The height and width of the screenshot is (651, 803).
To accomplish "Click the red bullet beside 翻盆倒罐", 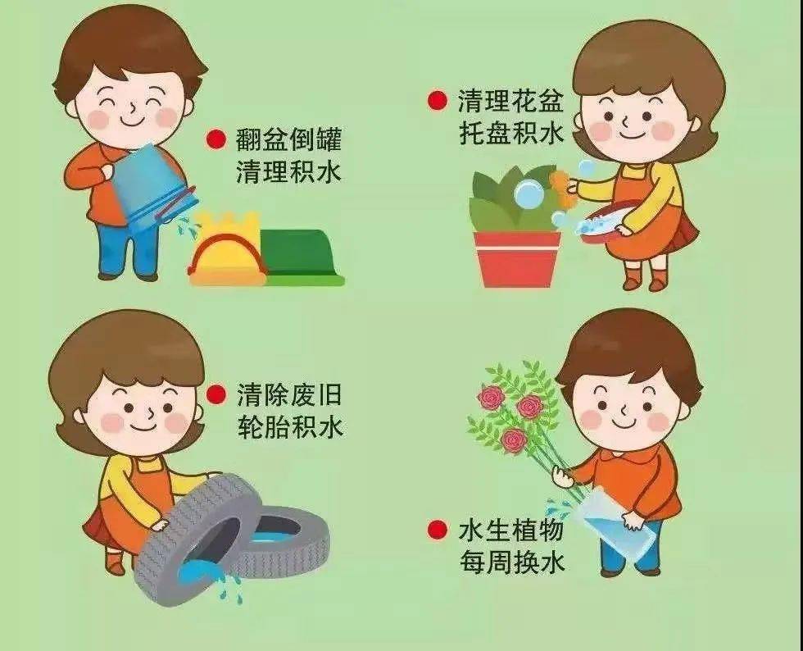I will tap(216, 140).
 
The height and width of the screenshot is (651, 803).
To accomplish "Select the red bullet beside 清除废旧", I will tap(216, 395).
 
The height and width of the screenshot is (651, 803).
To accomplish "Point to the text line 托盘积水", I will tap(510, 133).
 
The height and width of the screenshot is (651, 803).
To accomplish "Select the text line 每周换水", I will tap(510, 562).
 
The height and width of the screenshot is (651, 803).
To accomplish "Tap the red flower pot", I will tap(517, 258).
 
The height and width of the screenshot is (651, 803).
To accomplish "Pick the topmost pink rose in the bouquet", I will tap(492, 398).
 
